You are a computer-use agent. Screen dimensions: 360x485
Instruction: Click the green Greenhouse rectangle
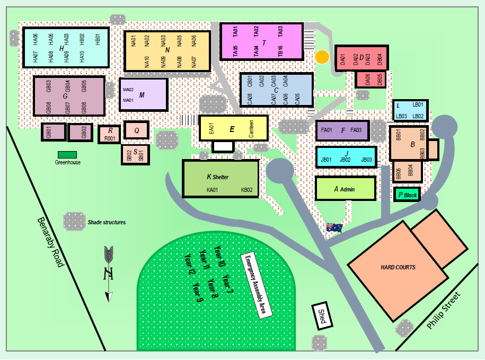point(67,155)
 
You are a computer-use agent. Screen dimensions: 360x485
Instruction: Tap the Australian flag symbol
point(334,227)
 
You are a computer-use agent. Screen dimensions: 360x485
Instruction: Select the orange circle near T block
point(322,57)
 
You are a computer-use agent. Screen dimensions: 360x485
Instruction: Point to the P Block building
point(407,195)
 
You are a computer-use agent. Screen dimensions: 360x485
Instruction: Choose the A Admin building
point(345,189)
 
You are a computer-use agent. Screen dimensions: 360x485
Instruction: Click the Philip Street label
point(444,310)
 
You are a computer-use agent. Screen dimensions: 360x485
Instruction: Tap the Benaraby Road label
point(51,242)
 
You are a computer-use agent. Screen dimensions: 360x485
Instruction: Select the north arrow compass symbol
point(109,273)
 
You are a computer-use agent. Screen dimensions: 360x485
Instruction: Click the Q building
point(136,130)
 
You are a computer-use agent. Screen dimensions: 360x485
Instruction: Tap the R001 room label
point(110,139)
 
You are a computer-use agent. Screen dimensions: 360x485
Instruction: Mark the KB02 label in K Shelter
point(247,190)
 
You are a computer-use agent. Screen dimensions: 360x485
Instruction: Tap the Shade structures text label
point(107,222)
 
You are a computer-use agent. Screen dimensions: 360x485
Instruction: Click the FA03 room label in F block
point(356,130)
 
